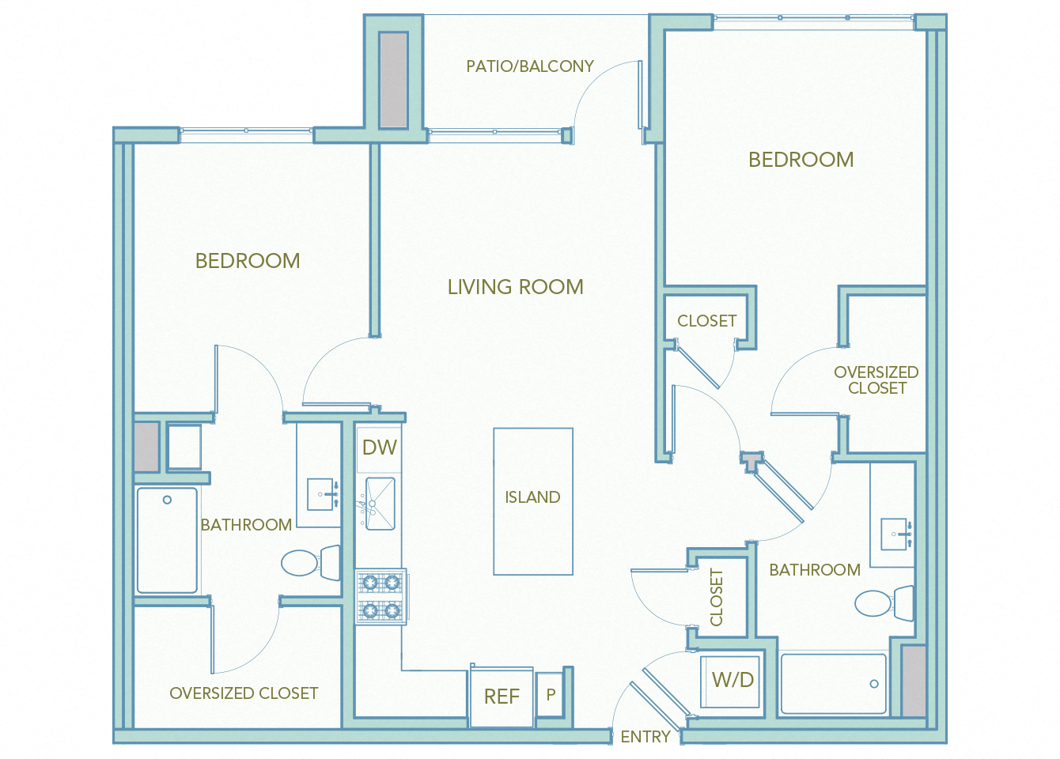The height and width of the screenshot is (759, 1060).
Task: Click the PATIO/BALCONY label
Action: point(529,66)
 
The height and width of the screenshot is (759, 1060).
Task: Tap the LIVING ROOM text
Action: point(515,287)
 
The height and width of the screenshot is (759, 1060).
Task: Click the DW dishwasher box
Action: point(379,448)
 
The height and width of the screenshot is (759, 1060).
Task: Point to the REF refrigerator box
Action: point(502,697)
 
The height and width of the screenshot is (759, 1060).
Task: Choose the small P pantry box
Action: point(551,694)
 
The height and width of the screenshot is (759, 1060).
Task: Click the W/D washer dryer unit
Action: point(732,680)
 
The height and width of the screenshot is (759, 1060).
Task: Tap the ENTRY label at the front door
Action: point(645,737)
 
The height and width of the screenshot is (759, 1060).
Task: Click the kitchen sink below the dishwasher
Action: point(380,504)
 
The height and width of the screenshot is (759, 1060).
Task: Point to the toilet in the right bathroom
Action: point(883,603)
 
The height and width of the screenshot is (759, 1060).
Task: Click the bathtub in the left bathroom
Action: point(167,540)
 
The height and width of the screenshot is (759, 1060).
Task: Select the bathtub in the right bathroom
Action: point(833,684)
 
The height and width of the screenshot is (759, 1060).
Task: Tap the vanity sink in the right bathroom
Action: point(896,534)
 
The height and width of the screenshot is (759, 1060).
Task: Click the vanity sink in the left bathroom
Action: point(321,494)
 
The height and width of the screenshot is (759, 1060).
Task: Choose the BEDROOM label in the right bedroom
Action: point(801,160)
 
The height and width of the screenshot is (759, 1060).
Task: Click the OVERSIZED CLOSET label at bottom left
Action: point(244,693)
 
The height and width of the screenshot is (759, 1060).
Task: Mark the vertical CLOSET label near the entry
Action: point(717,598)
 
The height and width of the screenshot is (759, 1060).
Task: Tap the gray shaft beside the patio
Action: point(393,80)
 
